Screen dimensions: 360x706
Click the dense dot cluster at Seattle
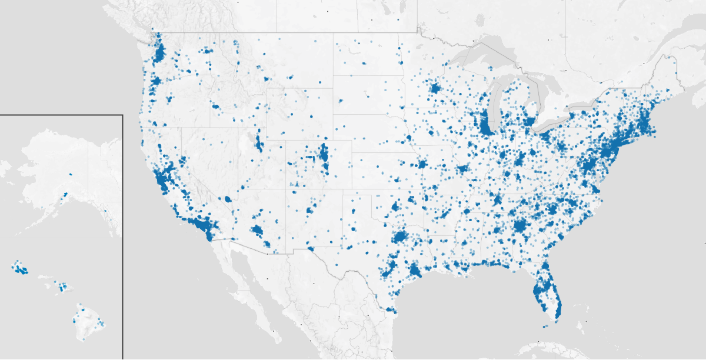tap(159, 54)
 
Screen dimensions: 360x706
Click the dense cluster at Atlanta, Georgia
tap(519, 225)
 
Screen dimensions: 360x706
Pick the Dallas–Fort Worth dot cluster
tap(400, 237)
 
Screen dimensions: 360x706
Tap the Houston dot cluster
tap(415, 271)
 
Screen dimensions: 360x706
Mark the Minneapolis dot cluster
tap(435, 89)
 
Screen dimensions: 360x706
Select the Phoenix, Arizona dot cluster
tap(257, 230)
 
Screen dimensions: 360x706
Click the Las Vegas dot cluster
tap(228, 199)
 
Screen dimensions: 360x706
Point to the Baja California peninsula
tap(247, 282)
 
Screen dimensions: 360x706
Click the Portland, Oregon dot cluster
tap(154, 82)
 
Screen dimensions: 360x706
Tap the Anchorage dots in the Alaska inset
tap(65, 194)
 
